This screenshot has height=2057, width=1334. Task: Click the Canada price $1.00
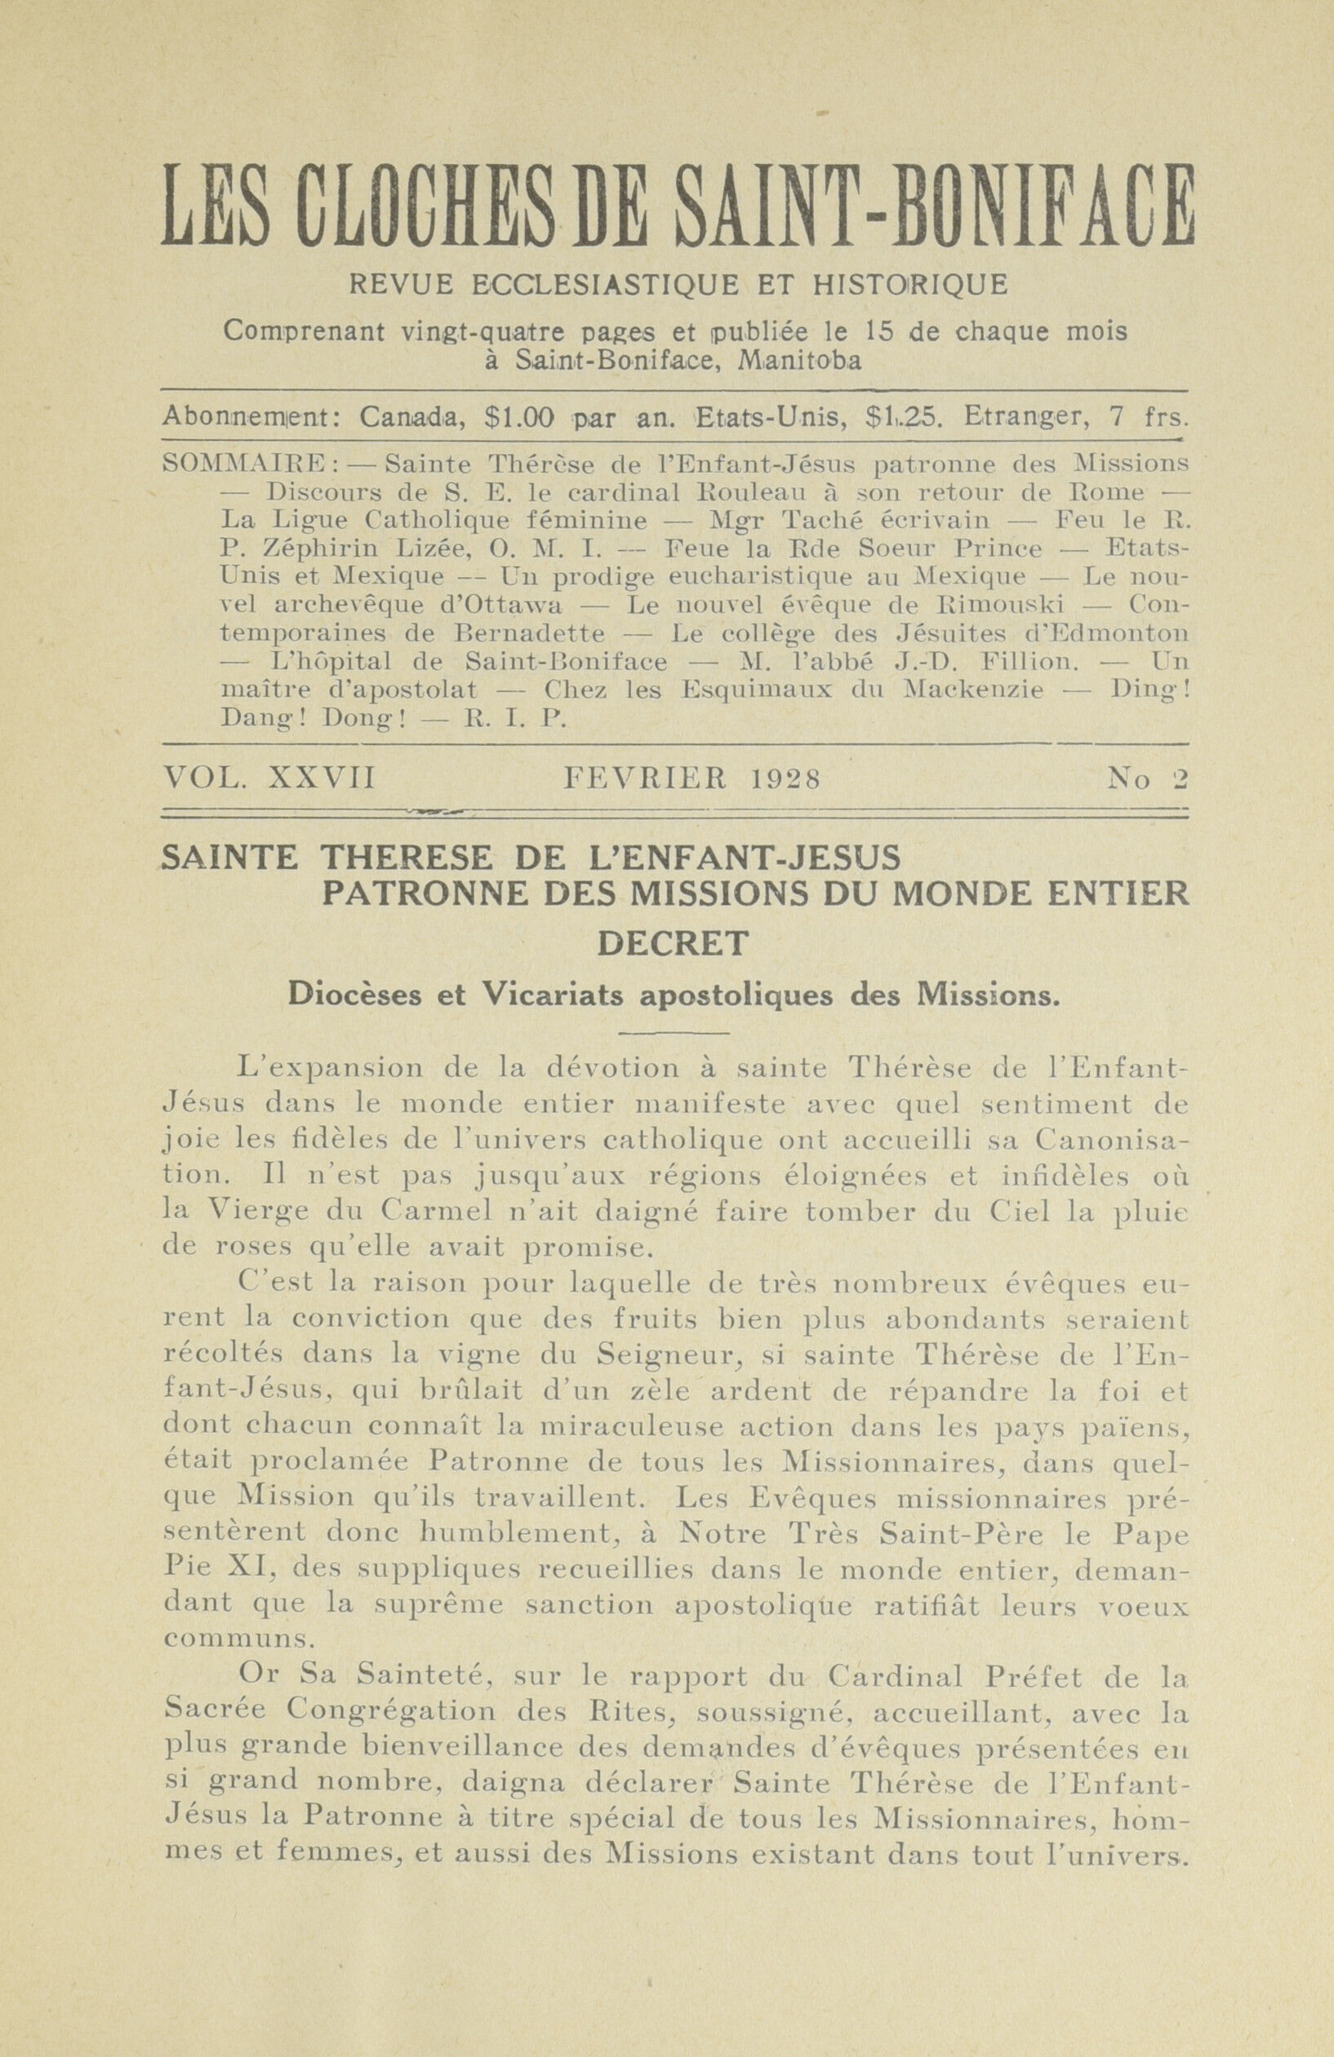tap(518, 419)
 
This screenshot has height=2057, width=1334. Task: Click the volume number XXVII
tap(322, 779)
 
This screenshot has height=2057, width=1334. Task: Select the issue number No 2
tap(1147, 779)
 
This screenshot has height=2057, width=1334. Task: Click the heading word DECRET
tap(674, 943)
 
